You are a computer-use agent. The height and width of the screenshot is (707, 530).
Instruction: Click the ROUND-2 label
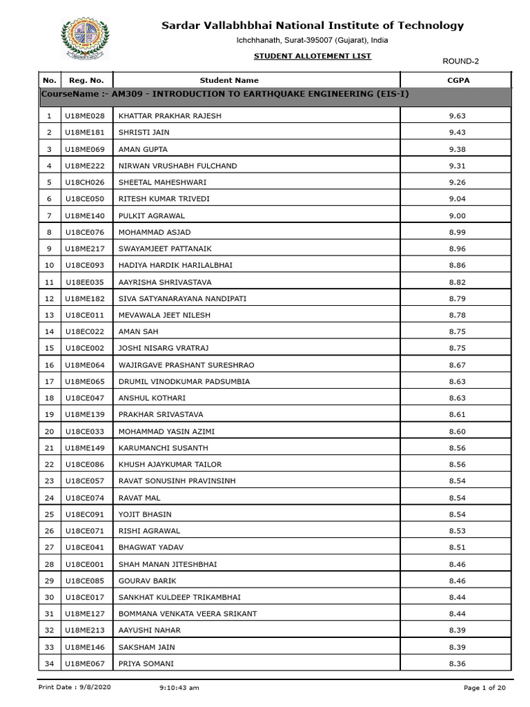pyautogui.click(x=460, y=61)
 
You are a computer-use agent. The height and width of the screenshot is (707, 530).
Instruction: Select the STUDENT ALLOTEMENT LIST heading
pyautogui.click(x=313, y=56)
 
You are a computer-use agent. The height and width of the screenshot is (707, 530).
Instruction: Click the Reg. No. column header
pyautogui.click(x=87, y=80)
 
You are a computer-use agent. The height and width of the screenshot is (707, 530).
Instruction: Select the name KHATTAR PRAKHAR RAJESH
pyautogui.click(x=170, y=116)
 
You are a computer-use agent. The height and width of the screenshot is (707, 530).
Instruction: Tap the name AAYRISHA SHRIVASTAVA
pyautogui.click(x=165, y=282)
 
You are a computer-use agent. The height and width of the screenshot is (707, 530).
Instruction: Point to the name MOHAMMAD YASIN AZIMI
pyautogui.click(x=166, y=431)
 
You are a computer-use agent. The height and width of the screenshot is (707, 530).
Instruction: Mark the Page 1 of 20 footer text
pyautogui.click(x=485, y=688)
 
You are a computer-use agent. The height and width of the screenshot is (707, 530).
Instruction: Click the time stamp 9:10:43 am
pyautogui.click(x=179, y=688)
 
